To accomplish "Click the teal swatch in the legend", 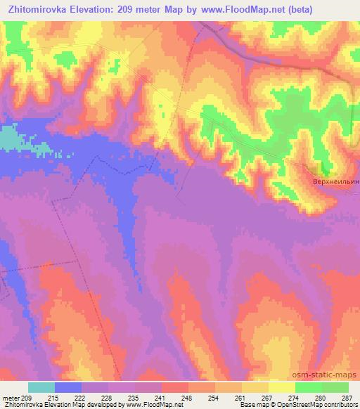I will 41,387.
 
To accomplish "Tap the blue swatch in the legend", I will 68,387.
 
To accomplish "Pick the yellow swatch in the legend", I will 282,387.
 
